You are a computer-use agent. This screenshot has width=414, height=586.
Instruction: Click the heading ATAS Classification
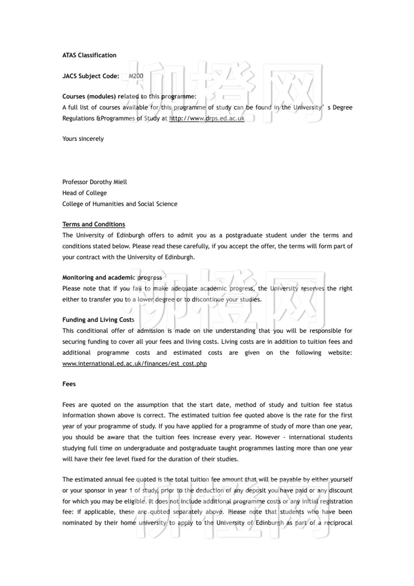click(x=89, y=55)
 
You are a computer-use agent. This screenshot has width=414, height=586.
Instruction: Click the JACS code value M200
click(x=136, y=76)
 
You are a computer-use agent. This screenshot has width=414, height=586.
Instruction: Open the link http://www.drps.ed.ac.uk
click(x=207, y=118)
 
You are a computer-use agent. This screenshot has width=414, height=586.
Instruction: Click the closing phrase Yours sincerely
click(x=83, y=139)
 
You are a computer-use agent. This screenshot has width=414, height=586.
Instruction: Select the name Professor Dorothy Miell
click(x=94, y=182)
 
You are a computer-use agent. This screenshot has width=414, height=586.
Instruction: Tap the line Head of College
click(x=84, y=193)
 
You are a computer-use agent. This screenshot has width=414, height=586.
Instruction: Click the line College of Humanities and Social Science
click(x=119, y=204)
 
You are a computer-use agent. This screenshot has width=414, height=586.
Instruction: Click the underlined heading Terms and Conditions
click(x=93, y=224)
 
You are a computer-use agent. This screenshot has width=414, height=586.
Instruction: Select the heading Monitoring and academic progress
click(x=112, y=278)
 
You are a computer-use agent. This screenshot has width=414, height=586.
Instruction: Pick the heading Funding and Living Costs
click(x=98, y=320)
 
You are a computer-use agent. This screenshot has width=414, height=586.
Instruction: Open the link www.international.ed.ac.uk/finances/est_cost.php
click(x=134, y=363)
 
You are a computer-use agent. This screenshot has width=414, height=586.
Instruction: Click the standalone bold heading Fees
click(x=69, y=384)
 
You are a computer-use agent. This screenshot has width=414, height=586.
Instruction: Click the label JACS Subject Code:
click(x=90, y=76)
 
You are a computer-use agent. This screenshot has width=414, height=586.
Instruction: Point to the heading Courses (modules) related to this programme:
click(x=129, y=96)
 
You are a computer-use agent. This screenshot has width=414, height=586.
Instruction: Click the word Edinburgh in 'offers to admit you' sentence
click(x=130, y=235)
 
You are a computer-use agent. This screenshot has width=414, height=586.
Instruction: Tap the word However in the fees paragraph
click(x=267, y=437)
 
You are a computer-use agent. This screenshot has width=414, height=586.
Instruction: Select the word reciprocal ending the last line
click(x=338, y=523)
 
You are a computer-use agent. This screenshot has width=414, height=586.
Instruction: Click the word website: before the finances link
click(x=340, y=352)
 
